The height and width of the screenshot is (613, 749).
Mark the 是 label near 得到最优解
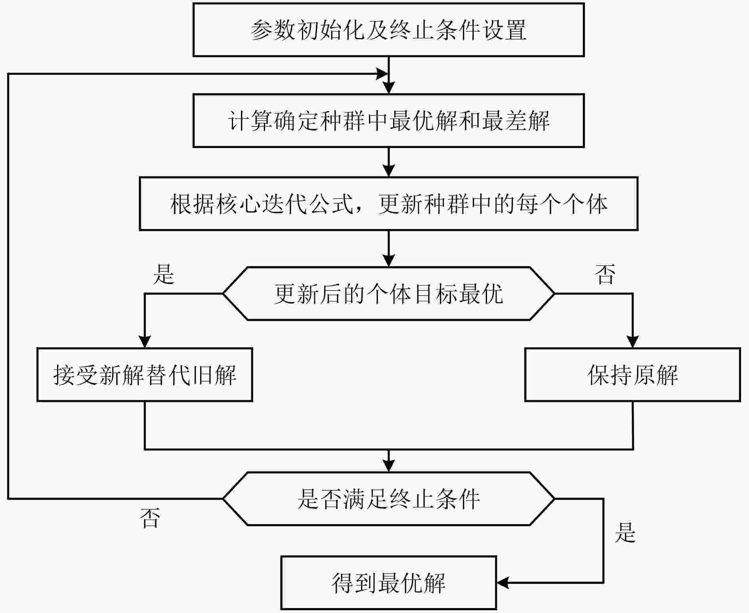tap(625, 532)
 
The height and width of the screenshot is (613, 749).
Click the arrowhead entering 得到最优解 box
tap(503, 582)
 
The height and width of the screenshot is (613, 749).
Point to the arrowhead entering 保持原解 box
tap(632, 342)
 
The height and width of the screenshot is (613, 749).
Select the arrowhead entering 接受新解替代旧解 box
tap(145, 342)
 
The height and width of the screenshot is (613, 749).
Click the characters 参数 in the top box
tap(273, 30)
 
